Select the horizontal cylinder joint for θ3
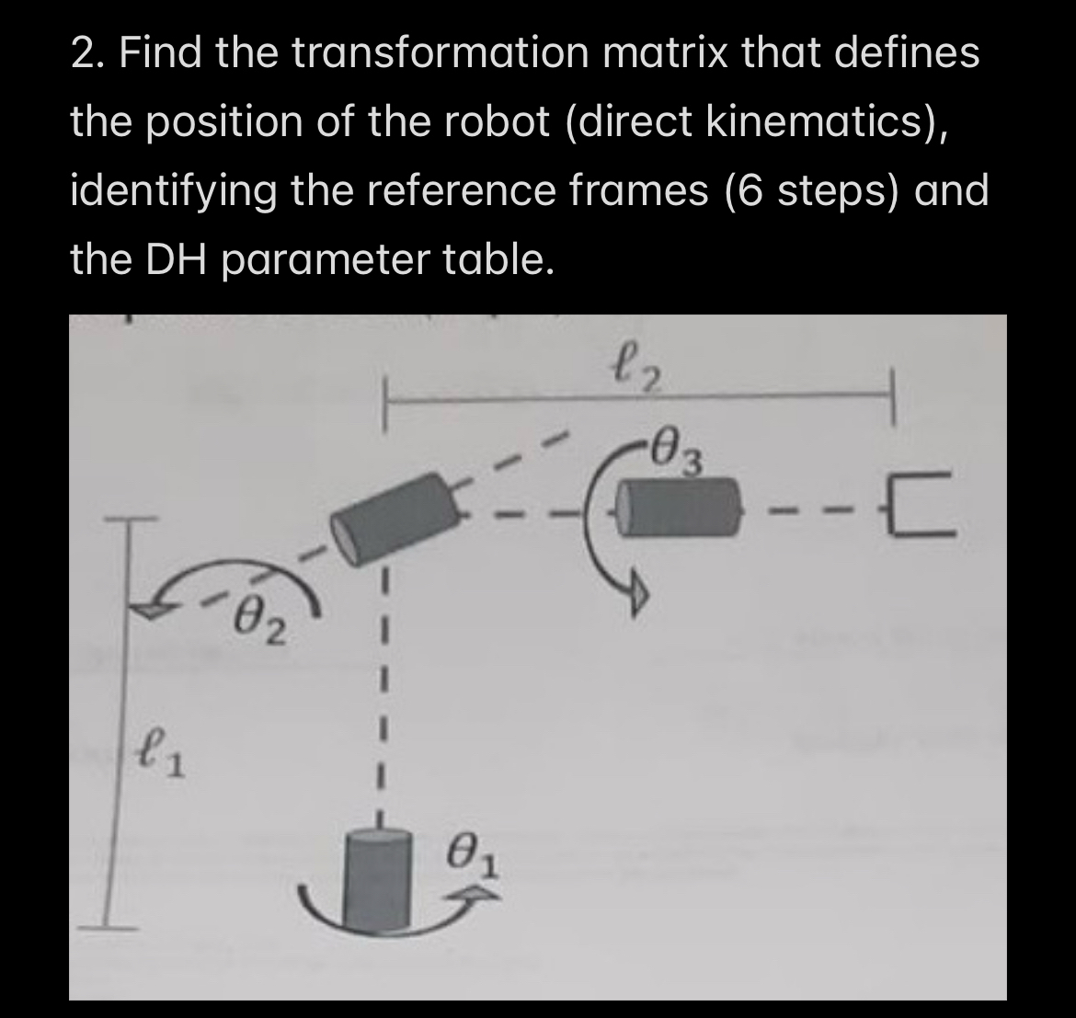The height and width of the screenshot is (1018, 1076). pyautogui.click(x=679, y=508)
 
